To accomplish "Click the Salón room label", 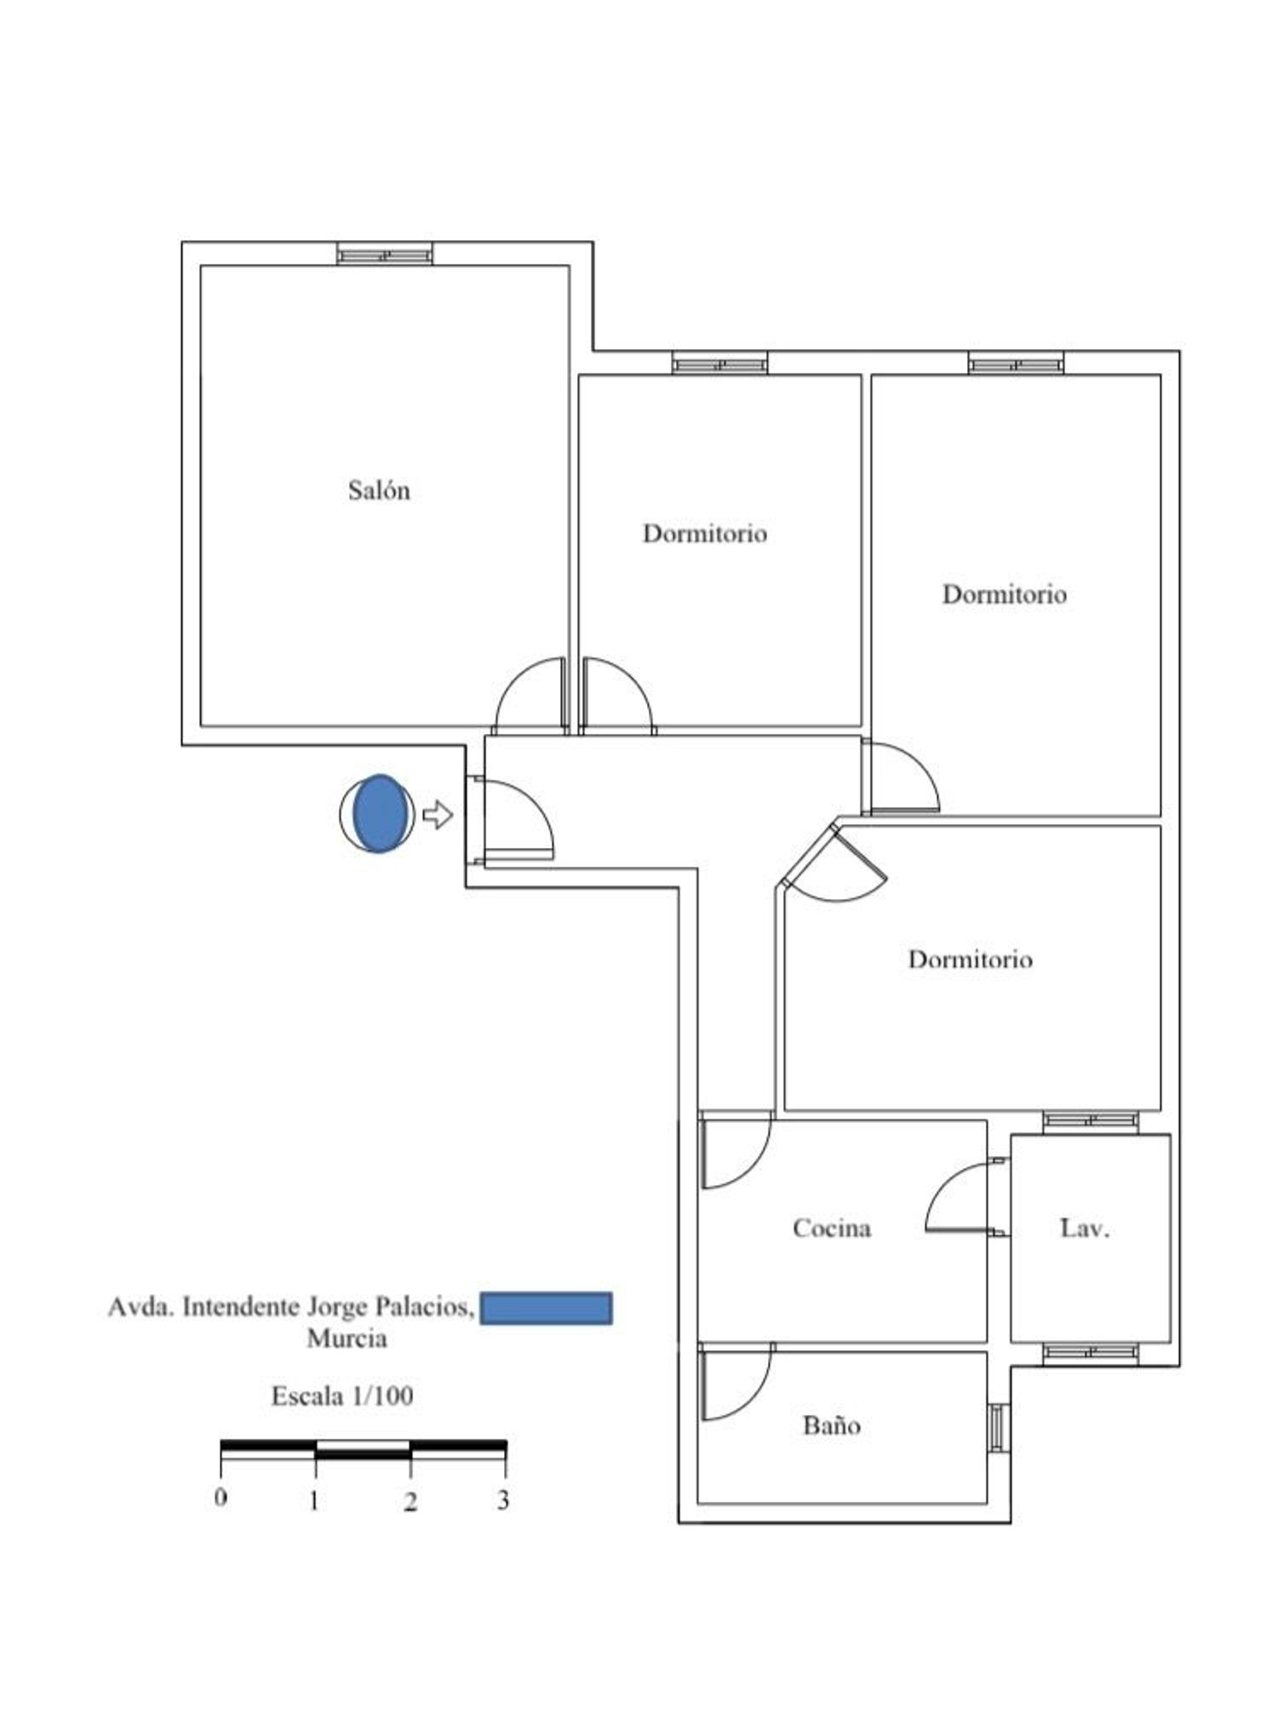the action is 379,490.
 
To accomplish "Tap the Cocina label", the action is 832,1228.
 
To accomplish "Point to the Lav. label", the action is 1085,1228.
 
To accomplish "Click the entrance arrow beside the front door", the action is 438,814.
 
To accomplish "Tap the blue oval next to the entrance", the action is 379,813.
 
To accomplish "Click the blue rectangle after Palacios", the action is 546,1308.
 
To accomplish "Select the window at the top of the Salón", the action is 385,254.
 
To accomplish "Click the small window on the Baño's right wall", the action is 999,1427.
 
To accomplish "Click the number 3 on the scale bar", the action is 503,1499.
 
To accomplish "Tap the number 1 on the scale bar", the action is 314,1500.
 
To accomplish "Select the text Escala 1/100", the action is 342,1396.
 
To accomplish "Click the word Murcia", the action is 347,1338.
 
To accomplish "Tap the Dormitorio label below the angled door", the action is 971,959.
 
